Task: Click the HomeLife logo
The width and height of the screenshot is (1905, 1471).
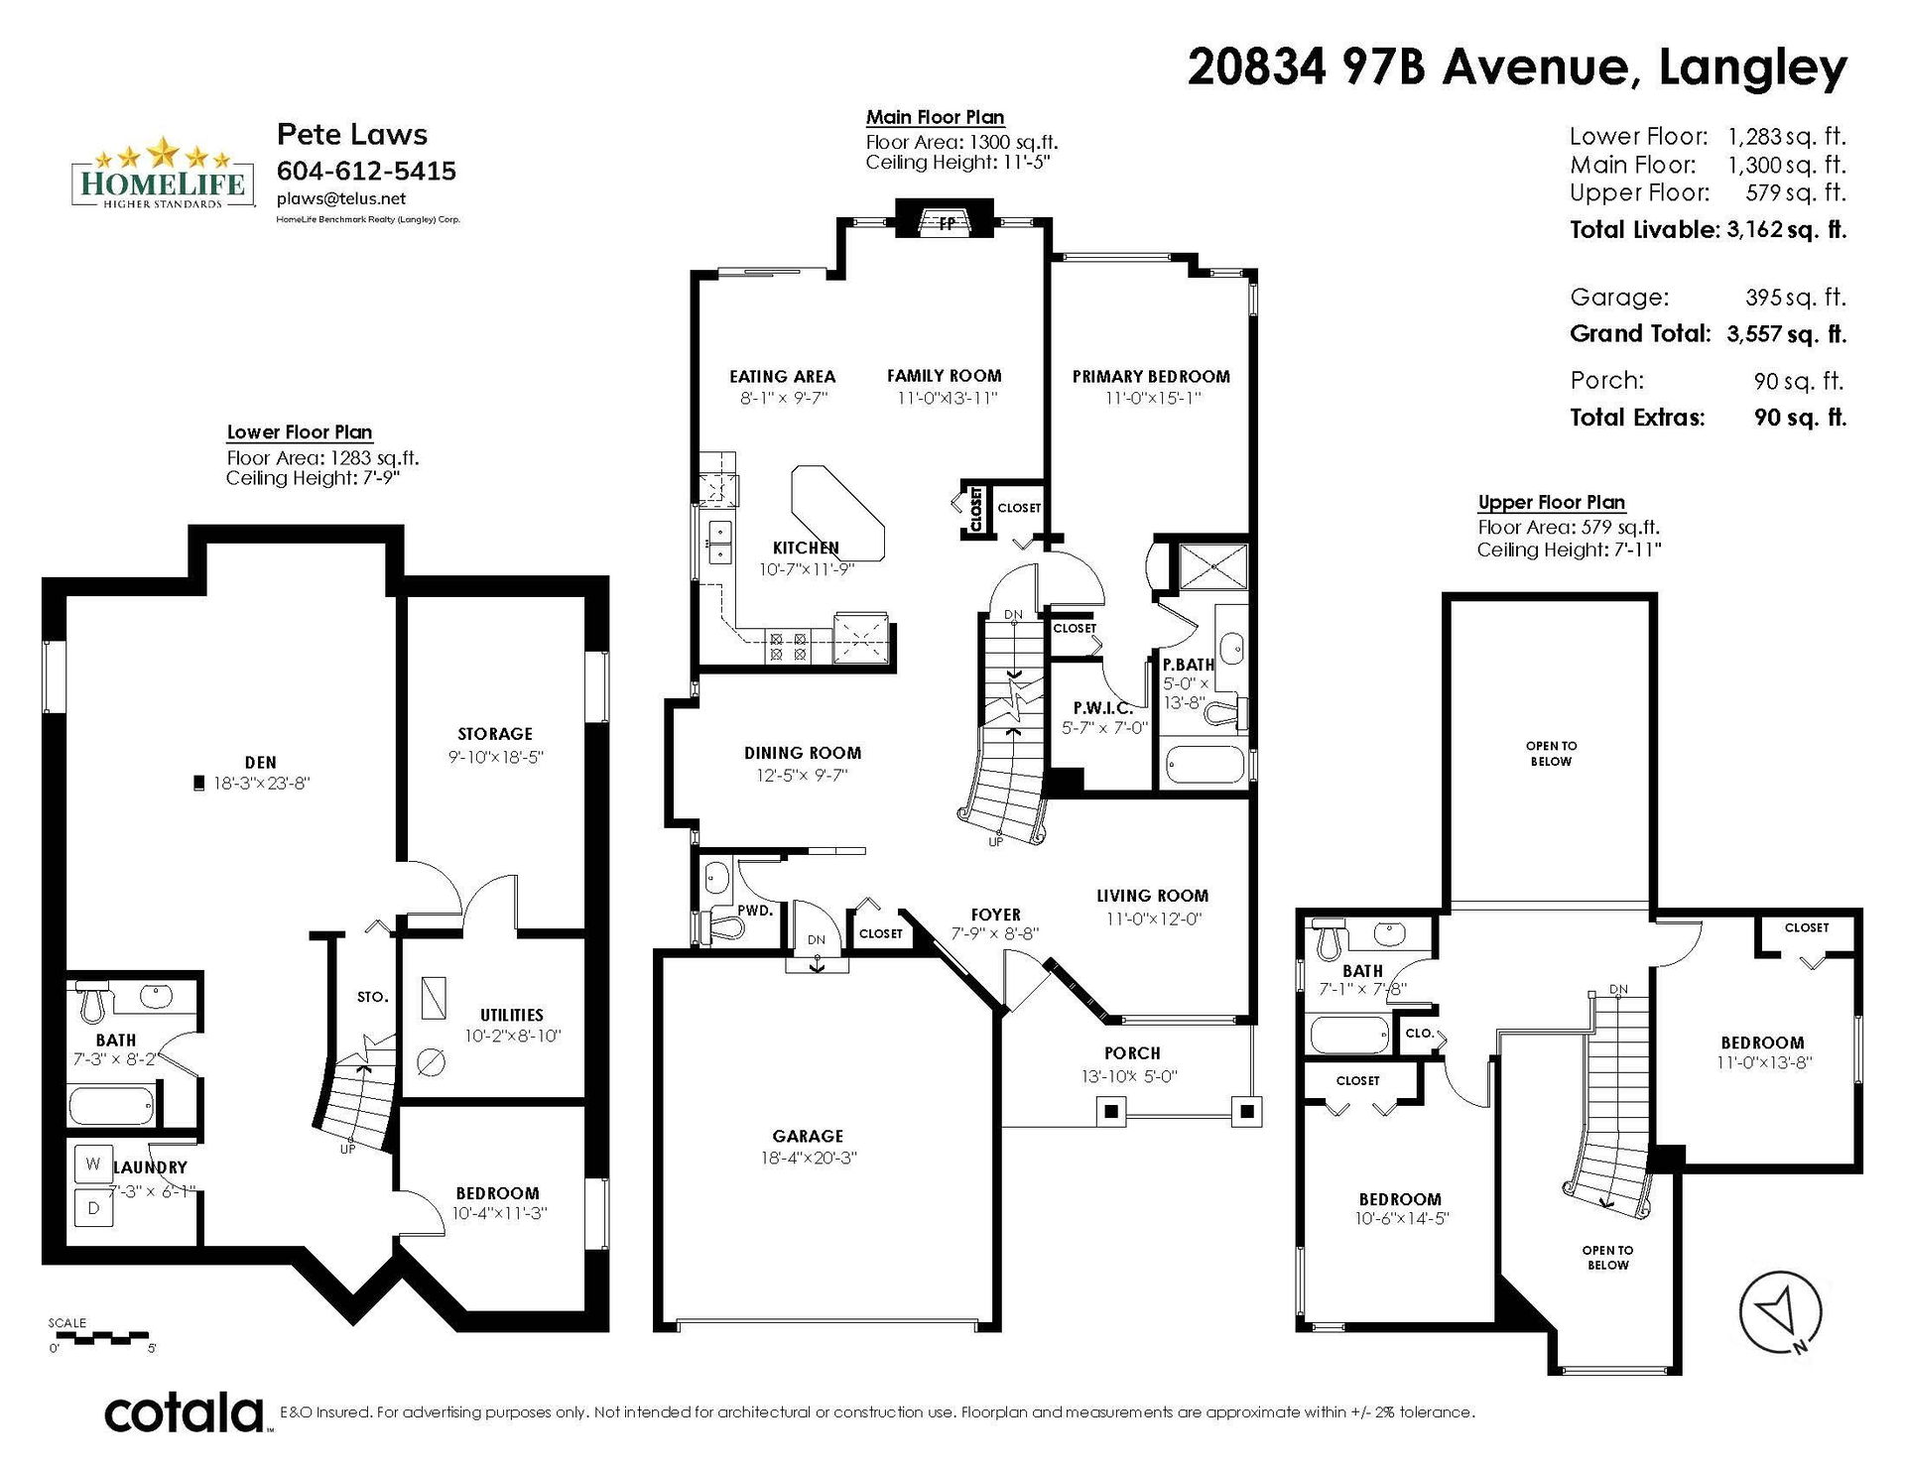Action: click(x=160, y=174)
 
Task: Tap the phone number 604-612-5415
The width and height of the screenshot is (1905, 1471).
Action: click(x=366, y=171)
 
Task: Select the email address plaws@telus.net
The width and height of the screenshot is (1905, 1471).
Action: click(x=341, y=198)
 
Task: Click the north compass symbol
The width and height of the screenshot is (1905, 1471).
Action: click(x=1780, y=1311)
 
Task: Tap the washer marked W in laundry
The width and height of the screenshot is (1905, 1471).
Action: click(x=93, y=1164)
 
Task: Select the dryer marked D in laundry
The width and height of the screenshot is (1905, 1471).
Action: click(x=93, y=1207)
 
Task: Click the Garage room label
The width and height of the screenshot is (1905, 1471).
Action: click(x=808, y=1136)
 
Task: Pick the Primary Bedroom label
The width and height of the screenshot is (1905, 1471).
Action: click(x=1151, y=376)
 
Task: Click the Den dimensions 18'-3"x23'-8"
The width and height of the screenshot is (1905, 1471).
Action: click(x=262, y=783)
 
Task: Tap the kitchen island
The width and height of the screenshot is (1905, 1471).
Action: click(x=837, y=513)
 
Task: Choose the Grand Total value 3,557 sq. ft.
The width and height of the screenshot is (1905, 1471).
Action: click(x=1786, y=333)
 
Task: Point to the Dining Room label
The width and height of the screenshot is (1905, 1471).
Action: click(x=803, y=753)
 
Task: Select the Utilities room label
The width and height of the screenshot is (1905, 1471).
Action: click(x=512, y=1015)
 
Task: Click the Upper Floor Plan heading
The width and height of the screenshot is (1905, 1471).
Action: click(x=1552, y=502)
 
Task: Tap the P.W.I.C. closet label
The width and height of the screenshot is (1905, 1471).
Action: click(x=1102, y=708)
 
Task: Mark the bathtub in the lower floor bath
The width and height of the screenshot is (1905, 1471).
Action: click(x=111, y=1104)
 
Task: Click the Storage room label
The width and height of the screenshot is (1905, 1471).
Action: click(x=495, y=734)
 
